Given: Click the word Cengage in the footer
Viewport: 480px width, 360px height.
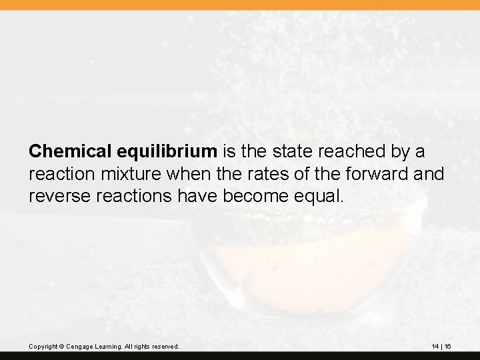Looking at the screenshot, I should click(x=81, y=346).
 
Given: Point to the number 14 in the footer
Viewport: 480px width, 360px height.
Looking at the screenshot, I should click(x=435, y=346).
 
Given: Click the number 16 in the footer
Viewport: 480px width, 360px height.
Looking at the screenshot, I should click(x=448, y=346).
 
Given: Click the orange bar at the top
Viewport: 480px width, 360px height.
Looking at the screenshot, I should click(x=240, y=5).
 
